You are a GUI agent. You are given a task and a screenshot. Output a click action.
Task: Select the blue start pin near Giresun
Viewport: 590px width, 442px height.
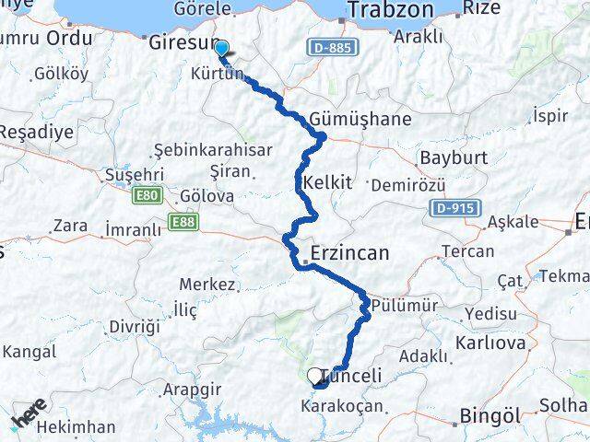[221, 46]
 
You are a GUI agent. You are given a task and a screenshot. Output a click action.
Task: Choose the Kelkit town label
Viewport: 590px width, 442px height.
[327, 181]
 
